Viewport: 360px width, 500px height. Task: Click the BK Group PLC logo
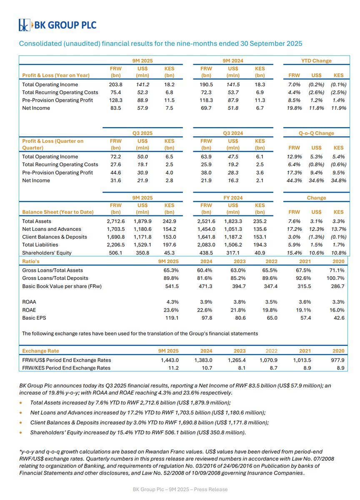57,25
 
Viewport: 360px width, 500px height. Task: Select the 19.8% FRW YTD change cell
295,108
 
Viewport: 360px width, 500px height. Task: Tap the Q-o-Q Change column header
316,133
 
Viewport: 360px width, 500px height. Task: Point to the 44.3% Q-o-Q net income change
295,180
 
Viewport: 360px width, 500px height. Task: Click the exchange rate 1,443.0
170,360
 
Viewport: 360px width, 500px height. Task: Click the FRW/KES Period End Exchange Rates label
66,368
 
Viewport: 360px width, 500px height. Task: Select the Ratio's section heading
31,262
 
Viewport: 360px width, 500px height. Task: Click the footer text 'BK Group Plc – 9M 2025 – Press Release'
180,489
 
